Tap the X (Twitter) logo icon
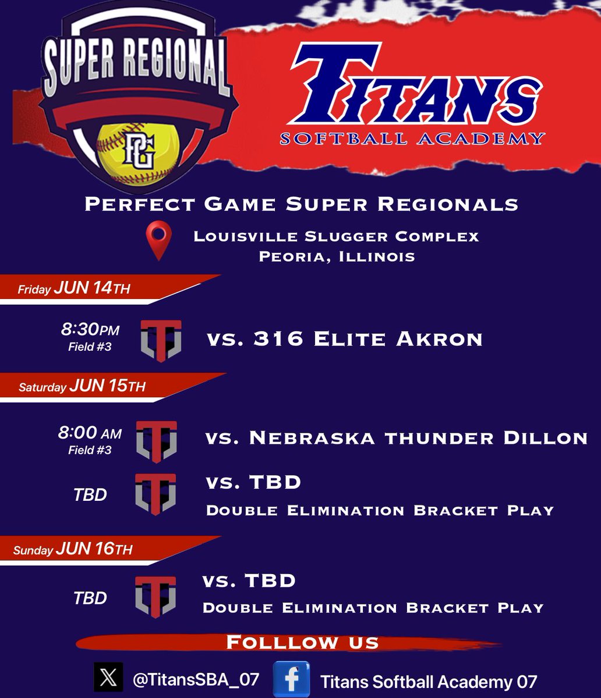pyautogui.click(x=108, y=678)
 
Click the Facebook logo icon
pyautogui.click(x=291, y=679)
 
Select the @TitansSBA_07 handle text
pyautogui.click(x=196, y=679)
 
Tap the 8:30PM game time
pyautogui.click(x=90, y=330)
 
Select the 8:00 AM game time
pyautogui.click(x=90, y=433)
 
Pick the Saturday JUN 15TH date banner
pyautogui.click(x=82, y=387)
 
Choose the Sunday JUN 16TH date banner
pyautogui.click(x=73, y=550)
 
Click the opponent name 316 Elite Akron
pyautogui.click(x=345, y=339)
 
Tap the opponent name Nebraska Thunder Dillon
pyautogui.click(x=396, y=438)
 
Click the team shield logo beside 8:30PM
pyautogui.click(x=161, y=341)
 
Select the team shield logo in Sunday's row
pyautogui.click(x=155, y=596)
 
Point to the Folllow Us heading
pyautogui.click(x=302, y=642)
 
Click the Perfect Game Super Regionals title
pyautogui.click(x=301, y=204)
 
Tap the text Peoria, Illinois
pyautogui.click(x=337, y=257)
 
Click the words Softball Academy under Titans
pyautogui.click(x=412, y=138)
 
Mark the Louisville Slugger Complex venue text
pyautogui.click(x=337, y=236)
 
